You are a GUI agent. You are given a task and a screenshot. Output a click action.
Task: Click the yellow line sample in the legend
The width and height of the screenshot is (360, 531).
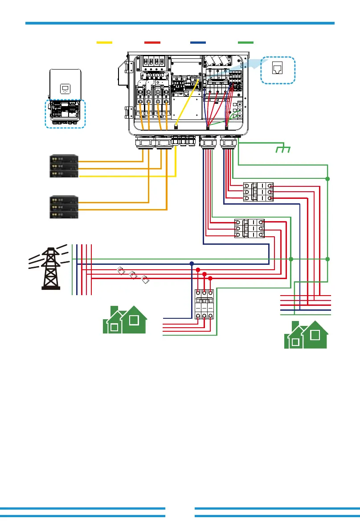(x=104, y=42)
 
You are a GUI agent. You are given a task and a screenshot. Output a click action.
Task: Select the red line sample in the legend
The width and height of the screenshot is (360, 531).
(x=152, y=42)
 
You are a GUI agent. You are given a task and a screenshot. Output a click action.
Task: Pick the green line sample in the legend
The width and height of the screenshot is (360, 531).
(x=245, y=42)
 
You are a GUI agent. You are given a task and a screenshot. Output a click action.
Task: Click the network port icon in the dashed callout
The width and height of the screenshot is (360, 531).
(x=278, y=69)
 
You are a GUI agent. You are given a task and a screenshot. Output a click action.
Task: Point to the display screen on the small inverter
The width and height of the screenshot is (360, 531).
(x=65, y=88)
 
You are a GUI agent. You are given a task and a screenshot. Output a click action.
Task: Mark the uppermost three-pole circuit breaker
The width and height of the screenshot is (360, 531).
(x=258, y=192)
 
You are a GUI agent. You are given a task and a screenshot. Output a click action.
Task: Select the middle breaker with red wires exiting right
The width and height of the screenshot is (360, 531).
(x=249, y=228)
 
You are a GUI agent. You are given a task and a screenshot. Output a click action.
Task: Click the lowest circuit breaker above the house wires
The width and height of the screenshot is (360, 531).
(x=204, y=305)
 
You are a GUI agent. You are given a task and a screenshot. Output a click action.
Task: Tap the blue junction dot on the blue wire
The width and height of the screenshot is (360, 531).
(x=192, y=263)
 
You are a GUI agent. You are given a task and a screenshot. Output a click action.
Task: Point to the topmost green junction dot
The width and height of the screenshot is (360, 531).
(x=327, y=179)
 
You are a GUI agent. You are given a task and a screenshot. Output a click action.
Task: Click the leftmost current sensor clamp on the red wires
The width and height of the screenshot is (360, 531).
(x=120, y=270)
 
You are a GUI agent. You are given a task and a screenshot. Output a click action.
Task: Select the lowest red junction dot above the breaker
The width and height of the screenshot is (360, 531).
(x=210, y=278)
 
